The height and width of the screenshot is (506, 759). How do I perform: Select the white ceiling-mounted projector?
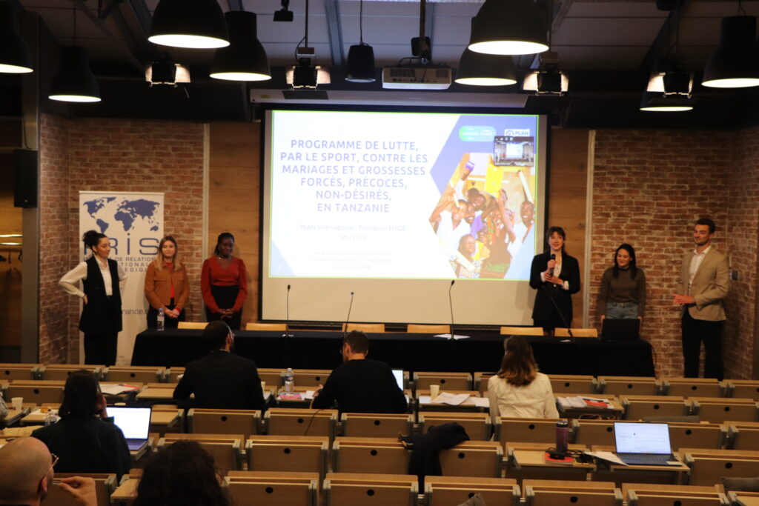click(417, 77)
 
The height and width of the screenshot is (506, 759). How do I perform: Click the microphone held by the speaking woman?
click(552, 262)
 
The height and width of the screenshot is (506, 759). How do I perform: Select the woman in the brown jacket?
click(167, 282)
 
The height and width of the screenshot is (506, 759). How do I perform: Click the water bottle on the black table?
click(160, 319)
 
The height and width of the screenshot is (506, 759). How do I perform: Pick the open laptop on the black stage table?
click(620, 330)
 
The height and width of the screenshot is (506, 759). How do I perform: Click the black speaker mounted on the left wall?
click(24, 178)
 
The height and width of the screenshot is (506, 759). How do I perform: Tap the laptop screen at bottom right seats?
click(642, 439)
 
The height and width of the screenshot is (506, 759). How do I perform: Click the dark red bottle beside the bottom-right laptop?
click(562, 436)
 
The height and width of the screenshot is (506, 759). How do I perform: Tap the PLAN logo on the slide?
click(517, 133)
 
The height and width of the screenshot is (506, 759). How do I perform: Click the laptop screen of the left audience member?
click(130, 422)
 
